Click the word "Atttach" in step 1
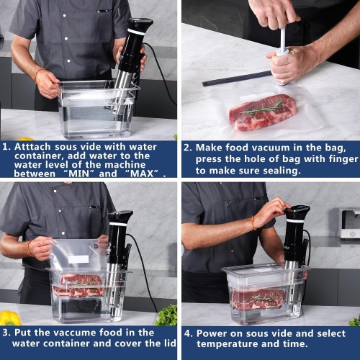coord(37,146)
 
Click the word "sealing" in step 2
coord(280,171)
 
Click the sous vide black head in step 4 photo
coord(297,214)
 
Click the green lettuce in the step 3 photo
coord(167,315)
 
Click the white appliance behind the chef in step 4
coord(349,224)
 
